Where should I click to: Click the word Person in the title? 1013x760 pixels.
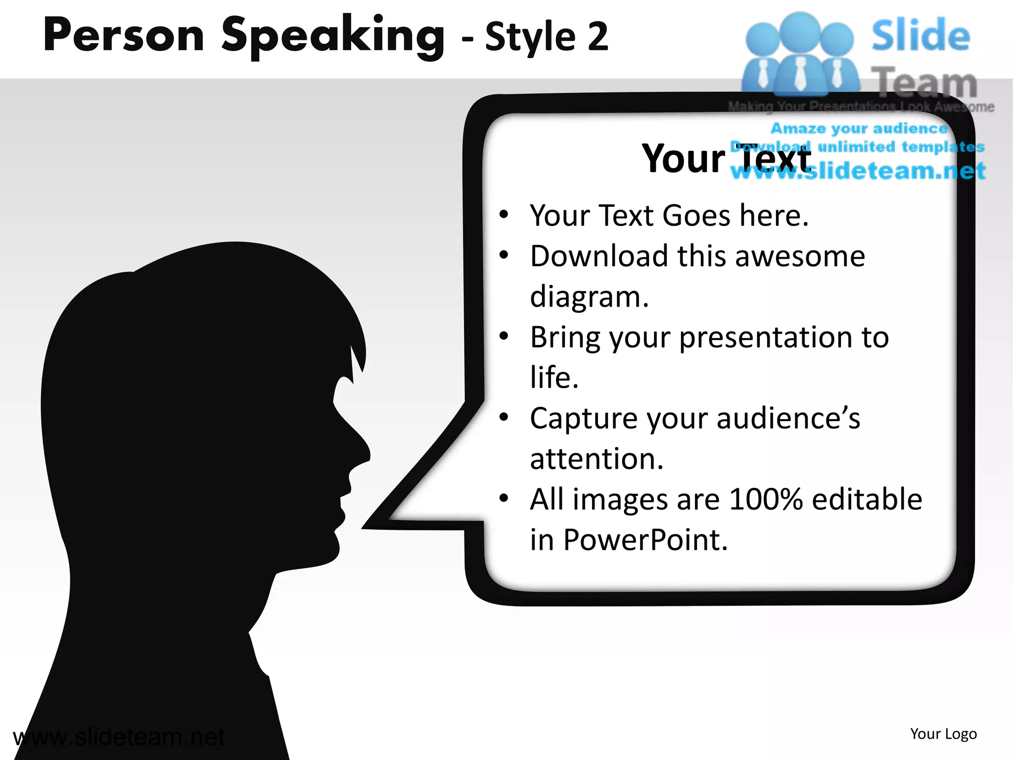(x=124, y=36)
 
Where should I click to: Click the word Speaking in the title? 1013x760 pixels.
(x=333, y=36)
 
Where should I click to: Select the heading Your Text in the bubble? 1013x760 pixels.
(x=726, y=158)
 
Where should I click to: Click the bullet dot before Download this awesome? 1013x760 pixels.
(x=504, y=255)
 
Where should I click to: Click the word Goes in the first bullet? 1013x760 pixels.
(x=696, y=216)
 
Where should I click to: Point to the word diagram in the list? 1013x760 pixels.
(x=589, y=297)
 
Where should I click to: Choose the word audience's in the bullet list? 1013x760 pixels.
(x=788, y=419)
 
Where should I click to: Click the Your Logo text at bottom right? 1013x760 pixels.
(x=943, y=734)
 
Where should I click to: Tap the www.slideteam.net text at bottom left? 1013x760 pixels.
(x=119, y=737)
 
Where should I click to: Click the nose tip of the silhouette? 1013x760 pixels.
(x=368, y=453)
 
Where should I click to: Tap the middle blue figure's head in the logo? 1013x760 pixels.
(x=800, y=31)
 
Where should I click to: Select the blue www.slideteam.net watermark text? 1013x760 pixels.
(x=858, y=171)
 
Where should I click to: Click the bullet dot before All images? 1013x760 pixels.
(x=504, y=498)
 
